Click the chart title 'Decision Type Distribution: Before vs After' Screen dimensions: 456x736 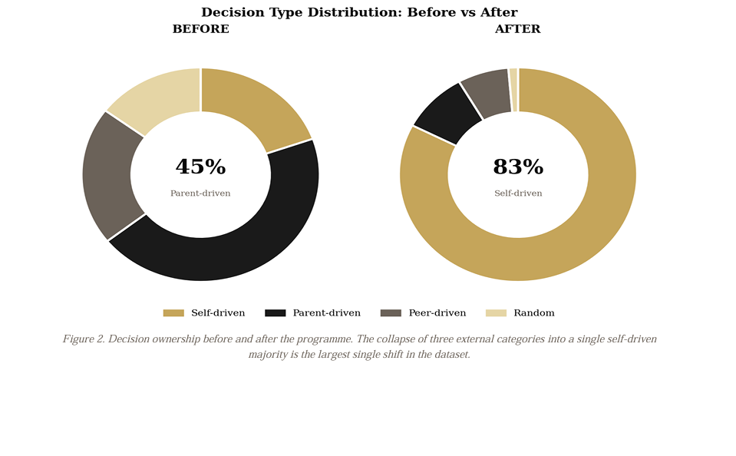359,12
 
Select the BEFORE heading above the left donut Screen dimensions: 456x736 200,29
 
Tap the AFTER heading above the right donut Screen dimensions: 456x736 517,29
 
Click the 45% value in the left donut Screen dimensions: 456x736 200,167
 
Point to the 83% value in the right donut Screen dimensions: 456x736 517,167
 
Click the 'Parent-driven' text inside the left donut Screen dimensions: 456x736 200,193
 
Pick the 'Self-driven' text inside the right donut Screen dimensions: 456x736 517,193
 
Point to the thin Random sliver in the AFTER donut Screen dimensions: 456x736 513,90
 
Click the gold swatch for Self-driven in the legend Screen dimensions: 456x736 173,313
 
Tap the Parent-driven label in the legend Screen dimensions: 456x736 326,313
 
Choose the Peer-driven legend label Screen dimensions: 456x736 437,313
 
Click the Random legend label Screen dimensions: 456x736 533,313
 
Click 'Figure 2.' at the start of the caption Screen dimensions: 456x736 84,339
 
